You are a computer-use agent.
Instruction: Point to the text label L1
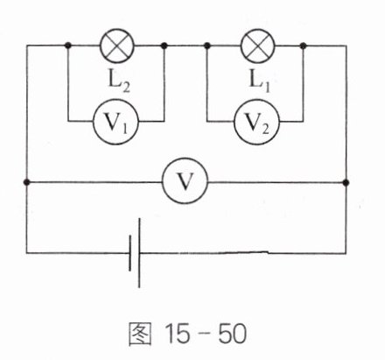pyautogui.click(x=259, y=81)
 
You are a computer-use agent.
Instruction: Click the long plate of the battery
pyautogui.click(x=139, y=253)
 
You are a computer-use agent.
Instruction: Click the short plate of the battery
pyautogui.click(x=130, y=253)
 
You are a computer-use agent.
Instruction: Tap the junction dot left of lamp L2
pyautogui.click(x=68, y=46)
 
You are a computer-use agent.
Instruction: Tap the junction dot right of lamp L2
pyautogui.click(x=164, y=46)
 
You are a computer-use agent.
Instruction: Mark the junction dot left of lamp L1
pyautogui.click(x=207, y=46)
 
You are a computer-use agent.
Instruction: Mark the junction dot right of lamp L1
pyautogui.click(x=303, y=46)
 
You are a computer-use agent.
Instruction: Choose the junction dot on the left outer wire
pyautogui.click(x=26, y=182)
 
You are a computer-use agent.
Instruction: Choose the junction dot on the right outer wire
pyautogui.click(x=346, y=183)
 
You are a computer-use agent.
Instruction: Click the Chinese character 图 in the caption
pyautogui.click(x=140, y=334)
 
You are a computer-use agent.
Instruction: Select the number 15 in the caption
pyautogui.click(x=178, y=334)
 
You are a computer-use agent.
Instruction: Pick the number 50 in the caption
pyautogui.click(x=233, y=334)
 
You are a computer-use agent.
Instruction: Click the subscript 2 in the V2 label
pyautogui.click(x=265, y=130)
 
